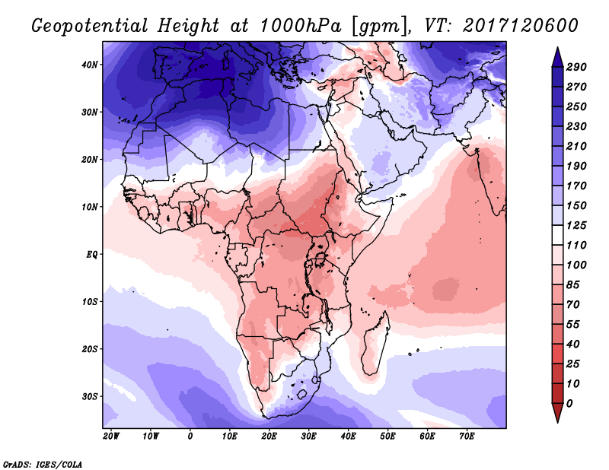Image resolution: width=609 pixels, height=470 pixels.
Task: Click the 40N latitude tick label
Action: click(91, 65)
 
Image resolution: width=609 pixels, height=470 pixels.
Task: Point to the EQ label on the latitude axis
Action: click(92, 254)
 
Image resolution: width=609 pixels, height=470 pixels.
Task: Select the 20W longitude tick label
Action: click(110, 437)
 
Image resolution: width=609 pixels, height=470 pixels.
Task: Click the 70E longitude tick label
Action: click(467, 437)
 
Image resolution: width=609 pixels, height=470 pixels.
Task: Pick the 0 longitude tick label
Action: click(190, 437)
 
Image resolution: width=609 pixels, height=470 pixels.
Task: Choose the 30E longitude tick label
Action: click(308, 437)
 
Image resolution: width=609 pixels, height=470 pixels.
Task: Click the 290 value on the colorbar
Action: click(576, 68)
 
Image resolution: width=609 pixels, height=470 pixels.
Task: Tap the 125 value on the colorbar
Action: click(576, 226)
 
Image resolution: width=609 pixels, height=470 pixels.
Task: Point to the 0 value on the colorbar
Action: click(570, 403)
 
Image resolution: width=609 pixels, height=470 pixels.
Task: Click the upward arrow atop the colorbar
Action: click(556, 56)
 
